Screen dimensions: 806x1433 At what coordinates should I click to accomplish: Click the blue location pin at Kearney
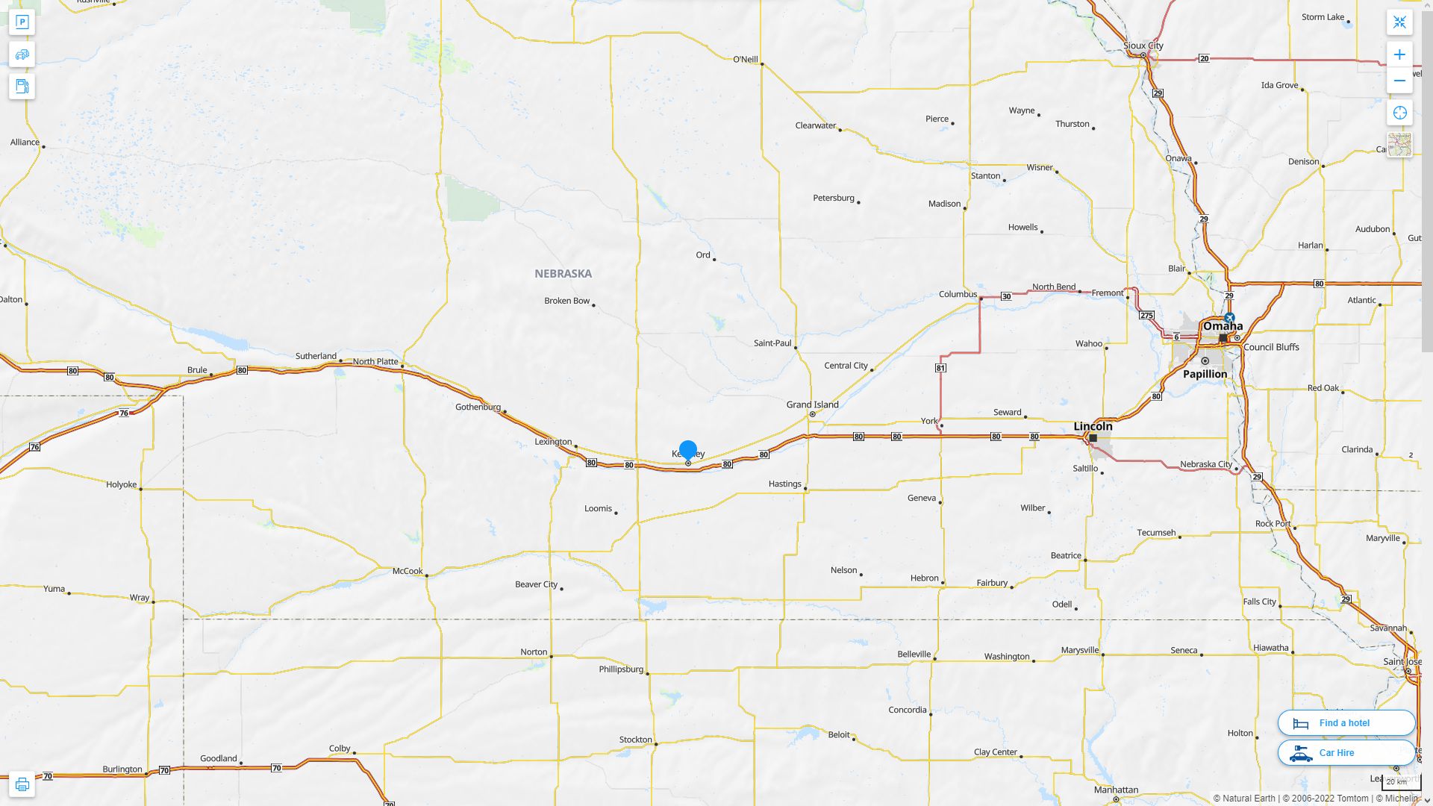[x=687, y=450]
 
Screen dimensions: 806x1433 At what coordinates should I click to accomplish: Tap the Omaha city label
[x=1223, y=326]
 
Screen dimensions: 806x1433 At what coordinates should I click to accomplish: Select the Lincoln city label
[x=1093, y=426]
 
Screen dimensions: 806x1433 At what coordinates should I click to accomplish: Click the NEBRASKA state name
[x=563, y=274]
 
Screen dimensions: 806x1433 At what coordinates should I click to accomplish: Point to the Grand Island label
[x=812, y=404]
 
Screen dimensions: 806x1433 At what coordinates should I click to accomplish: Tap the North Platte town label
[x=375, y=361]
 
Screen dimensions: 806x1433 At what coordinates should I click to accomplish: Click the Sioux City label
[x=1143, y=46]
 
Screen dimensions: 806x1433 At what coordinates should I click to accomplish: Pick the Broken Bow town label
[x=566, y=301]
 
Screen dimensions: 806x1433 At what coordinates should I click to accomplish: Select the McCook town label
[x=408, y=571]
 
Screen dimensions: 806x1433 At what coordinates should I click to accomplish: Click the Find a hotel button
[x=1346, y=723]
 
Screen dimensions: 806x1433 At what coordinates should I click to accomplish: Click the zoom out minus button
[x=1399, y=81]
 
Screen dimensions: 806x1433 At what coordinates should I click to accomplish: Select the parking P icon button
[x=22, y=22]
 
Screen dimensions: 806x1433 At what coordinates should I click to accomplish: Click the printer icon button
[x=22, y=784]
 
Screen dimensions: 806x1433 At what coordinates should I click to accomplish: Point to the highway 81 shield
[x=940, y=368]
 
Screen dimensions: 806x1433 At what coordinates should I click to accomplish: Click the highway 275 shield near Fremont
[x=1146, y=316]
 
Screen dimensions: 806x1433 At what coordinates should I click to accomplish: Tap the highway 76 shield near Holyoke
[x=34, y=447]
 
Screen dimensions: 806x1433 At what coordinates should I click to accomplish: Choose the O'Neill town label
[x=745, y=60]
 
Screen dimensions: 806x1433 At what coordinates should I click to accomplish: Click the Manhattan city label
[x=1116, y=790]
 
